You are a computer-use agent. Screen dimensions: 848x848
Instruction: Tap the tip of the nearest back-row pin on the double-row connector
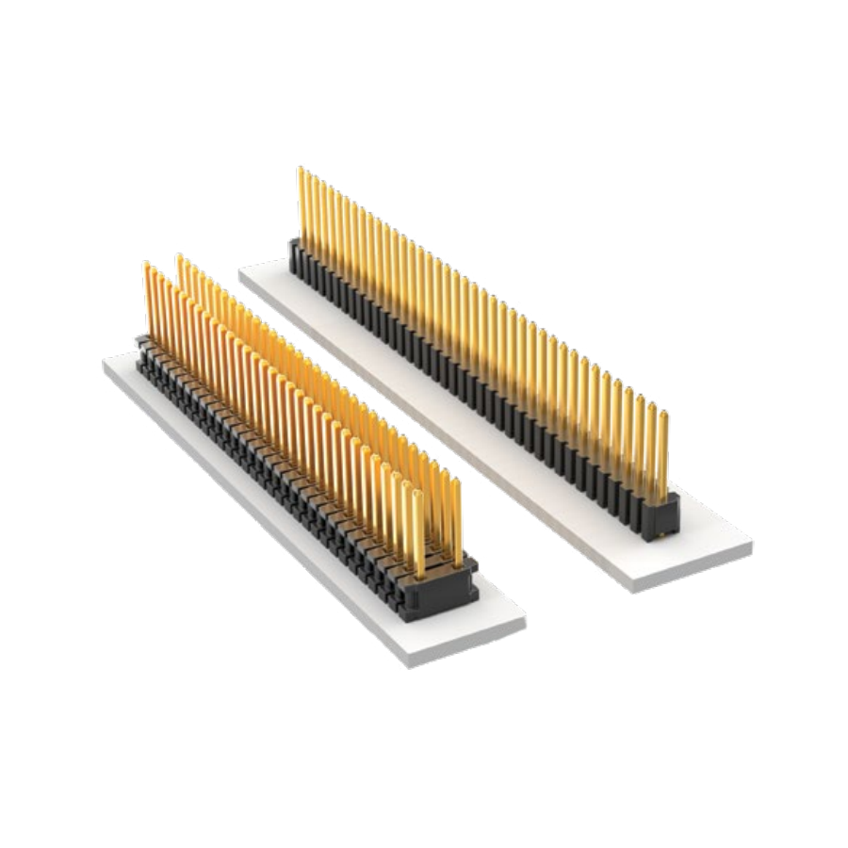click(456, 481)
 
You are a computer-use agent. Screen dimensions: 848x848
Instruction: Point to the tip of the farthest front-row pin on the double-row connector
click(147, 265)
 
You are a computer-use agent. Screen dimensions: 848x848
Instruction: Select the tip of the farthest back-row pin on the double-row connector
click(179, 256)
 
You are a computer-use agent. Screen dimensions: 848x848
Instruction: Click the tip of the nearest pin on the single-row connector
click(663, 414)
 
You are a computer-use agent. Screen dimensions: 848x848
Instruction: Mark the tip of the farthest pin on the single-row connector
click(302, 170)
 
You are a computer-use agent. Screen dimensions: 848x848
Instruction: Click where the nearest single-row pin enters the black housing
click(662, 499)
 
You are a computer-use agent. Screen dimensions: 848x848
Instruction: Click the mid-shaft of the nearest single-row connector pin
click(663, 457)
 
